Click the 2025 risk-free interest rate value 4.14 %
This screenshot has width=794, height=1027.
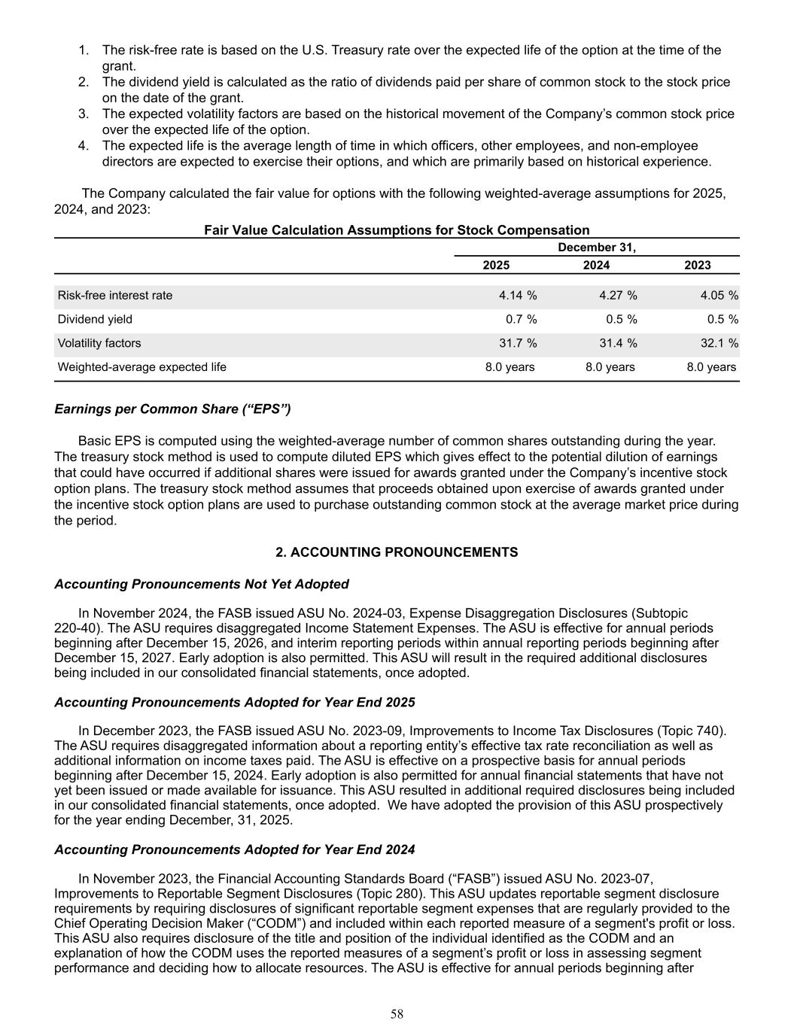518,296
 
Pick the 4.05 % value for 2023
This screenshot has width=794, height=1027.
719,296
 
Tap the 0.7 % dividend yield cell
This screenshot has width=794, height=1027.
521,320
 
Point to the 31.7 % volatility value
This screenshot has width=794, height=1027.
518,344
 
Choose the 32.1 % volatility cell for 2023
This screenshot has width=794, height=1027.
719,344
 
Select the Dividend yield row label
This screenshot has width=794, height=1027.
95,320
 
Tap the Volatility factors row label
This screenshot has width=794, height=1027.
99,344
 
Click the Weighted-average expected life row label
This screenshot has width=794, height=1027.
142,368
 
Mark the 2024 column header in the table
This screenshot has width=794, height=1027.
597,266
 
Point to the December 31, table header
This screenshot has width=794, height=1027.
597,248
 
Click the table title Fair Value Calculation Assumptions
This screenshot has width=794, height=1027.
397,230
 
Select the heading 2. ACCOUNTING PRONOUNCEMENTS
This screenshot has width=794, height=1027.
397,553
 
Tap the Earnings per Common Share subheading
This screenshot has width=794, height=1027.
172,409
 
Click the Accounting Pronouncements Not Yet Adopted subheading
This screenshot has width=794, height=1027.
202,585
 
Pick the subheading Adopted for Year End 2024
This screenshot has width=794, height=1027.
235,850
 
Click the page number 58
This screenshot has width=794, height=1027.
397,1014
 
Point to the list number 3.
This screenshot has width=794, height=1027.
84,114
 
